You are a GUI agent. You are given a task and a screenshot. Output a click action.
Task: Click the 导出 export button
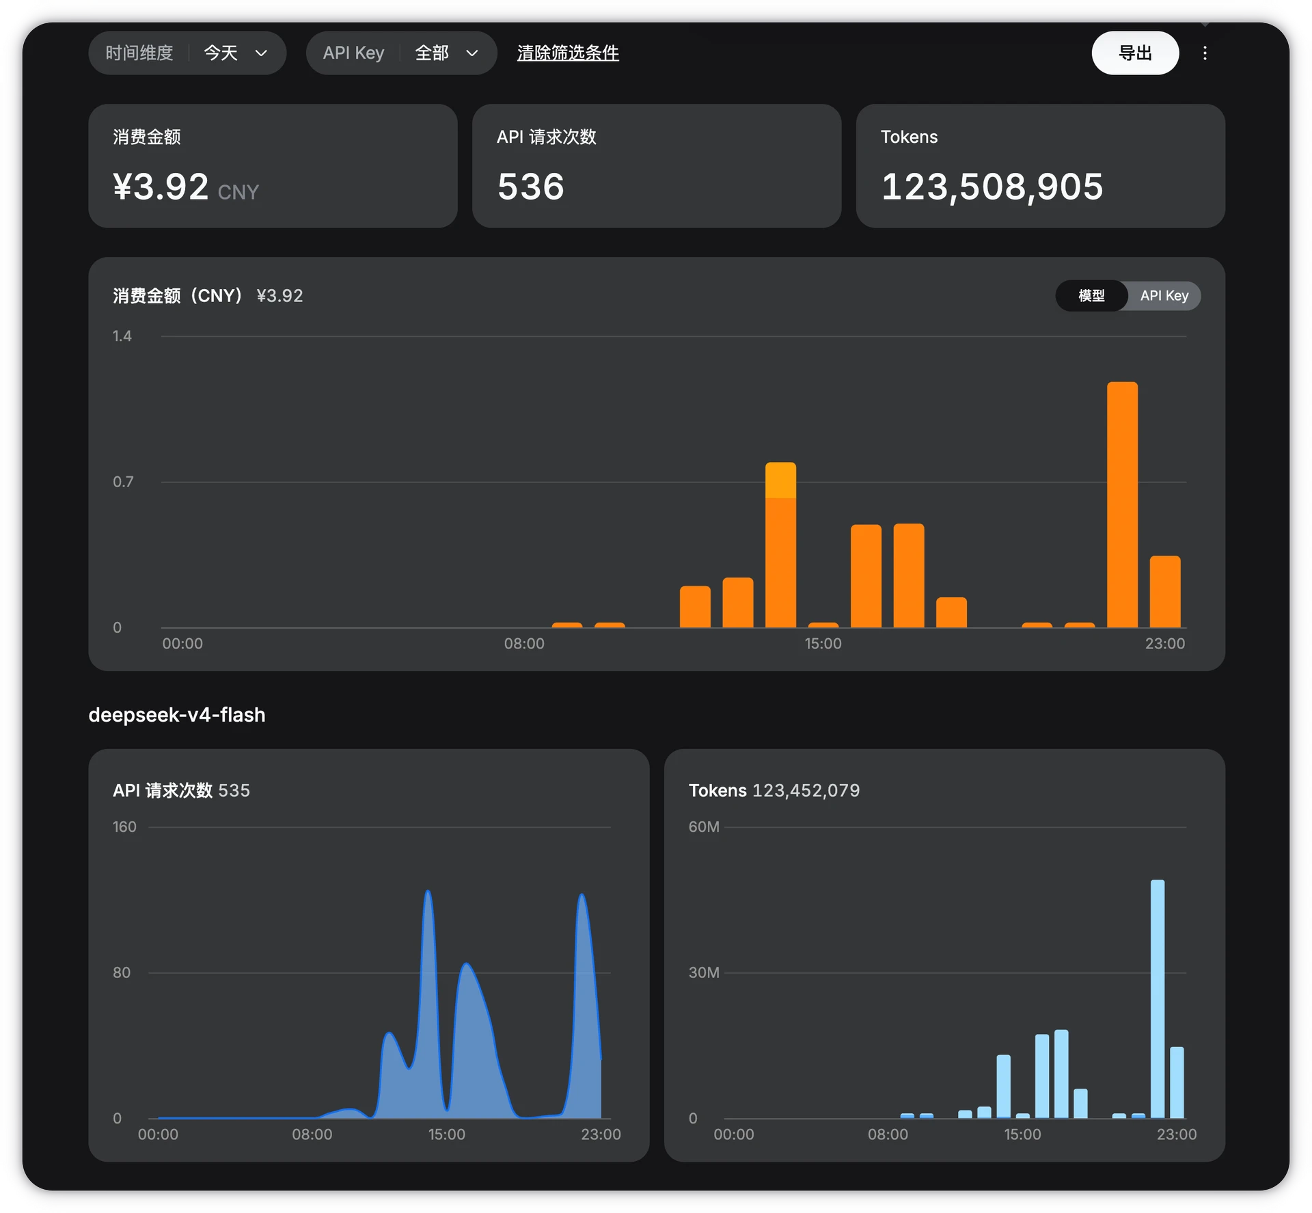pyautogui.click(x=1134, y=53)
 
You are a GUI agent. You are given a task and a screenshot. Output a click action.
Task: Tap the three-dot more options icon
pyautogui.click(x=1205, y=53)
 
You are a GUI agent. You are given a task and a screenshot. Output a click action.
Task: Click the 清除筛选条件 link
pyautogui.click(x=568, y=53)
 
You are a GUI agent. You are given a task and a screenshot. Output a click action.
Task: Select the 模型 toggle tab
pyautogui.click(x=1091, y=295)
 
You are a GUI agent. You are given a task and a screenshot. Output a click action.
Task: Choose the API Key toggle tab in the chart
pyautogui.click(x=1164, y=295)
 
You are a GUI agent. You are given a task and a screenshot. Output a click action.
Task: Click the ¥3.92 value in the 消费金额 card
pyautogui.click(x=161, y=187)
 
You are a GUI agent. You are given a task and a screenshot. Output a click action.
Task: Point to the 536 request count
pyautogui.click(x=531, y=187)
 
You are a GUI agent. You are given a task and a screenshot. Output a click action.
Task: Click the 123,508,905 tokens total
pyautogui.click(x=992, y=187)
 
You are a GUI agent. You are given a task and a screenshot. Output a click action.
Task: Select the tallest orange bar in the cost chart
pyautogui.click(x=1122, y=504)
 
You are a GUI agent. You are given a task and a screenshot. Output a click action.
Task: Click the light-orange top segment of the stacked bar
pyautogui.click(x=780, y=480)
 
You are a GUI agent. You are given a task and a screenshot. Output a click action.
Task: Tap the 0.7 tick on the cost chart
pyautogui.click(x=123, y=482)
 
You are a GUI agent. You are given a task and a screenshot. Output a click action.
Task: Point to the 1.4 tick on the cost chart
pyautogui.click(x=122, y=336)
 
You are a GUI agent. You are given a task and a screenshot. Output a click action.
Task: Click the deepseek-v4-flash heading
pyautogui.click(x=177, y=715)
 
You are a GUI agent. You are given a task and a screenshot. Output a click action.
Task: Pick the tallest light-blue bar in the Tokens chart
pyautogui.click(x=1158, y=998)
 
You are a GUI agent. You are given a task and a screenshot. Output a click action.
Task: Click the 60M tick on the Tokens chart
pyautogui.click(x=704, y=827)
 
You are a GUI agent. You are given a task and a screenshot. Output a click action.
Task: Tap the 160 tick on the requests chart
pyautogui.click(x=124, y=827)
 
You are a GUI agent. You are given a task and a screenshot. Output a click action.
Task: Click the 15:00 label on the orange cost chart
pyautogui.click(x=823, y=644)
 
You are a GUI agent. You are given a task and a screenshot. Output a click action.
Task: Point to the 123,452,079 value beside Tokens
pyautogui.click(x=806, y=791)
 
